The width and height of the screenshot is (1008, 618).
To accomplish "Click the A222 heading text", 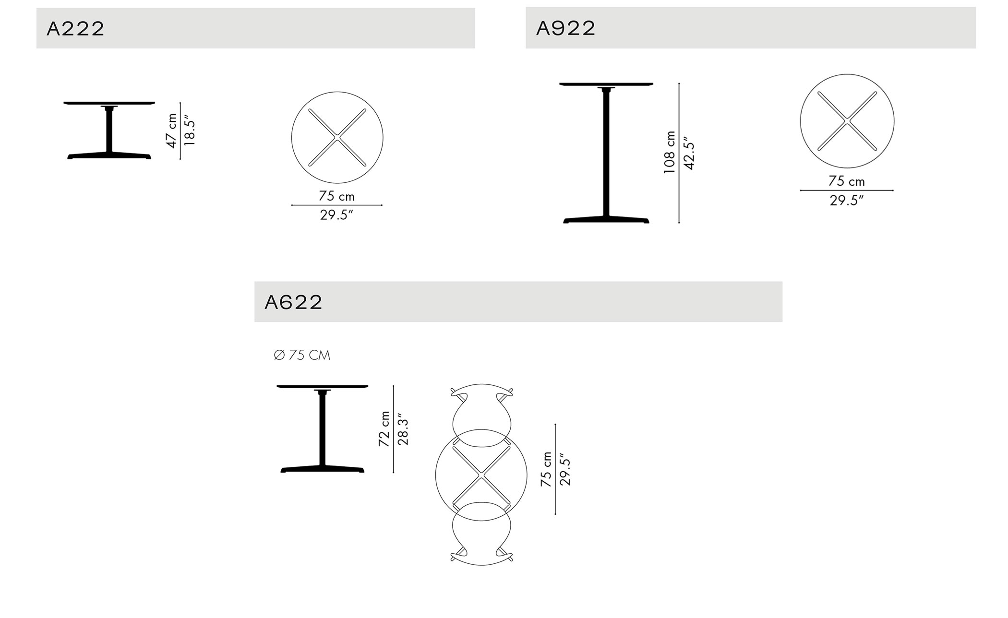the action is (x=75, y=29).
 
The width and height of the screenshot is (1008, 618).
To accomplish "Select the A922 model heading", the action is (x=565, y=28).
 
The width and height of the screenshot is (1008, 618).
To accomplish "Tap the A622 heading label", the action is (x=293, y=302).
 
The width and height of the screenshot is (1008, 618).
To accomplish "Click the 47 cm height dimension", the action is (x=171, y=131).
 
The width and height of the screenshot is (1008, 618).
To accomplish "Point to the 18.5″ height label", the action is (x=190, y=131).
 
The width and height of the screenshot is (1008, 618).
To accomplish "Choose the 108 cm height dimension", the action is (x=669, y=152).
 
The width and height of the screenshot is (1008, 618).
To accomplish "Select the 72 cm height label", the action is (x=384, y=429).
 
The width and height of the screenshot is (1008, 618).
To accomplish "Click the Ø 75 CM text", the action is (x=302, y=355).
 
